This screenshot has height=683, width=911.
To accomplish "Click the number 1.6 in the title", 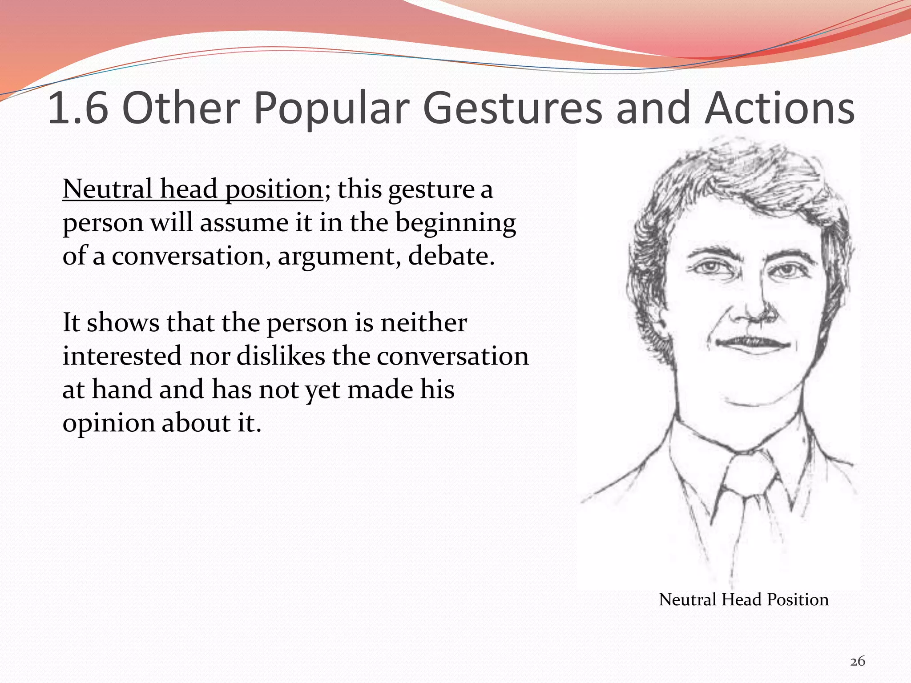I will click(x=78, y=108).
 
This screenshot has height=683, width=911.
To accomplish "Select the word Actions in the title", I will click(x=779, y=108).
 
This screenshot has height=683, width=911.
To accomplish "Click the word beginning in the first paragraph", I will click(x=455, y=222).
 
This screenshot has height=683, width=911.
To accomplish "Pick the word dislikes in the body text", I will click(x=281, y=356).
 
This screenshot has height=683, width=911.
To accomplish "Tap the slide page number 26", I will click(x=858, y=661).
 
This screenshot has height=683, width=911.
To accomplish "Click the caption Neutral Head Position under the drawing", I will click(x=743, y=599).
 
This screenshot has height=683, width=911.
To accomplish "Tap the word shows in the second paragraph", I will click(x=123, y=322).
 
